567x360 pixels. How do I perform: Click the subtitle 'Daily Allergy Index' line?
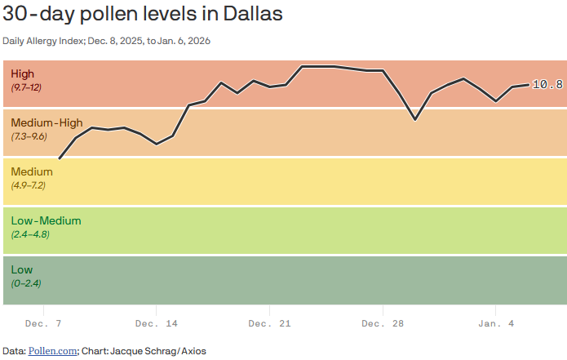107,41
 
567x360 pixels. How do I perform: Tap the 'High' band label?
23,74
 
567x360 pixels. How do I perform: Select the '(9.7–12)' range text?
26,87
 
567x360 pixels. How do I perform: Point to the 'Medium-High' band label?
47,123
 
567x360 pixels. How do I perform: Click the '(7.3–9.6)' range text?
29,136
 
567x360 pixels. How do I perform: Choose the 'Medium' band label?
32,172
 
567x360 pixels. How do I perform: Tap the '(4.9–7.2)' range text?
29,185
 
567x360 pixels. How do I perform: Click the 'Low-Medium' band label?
46,221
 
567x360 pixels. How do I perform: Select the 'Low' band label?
22,270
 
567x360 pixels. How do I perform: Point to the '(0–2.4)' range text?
26,283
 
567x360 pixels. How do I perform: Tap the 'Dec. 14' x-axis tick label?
156,324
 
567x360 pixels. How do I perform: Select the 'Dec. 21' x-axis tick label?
269,324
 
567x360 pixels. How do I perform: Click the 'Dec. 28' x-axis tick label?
382,324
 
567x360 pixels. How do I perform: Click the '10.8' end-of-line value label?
547,84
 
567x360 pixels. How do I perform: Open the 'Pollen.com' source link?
53,351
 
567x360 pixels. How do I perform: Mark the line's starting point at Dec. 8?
60,158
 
